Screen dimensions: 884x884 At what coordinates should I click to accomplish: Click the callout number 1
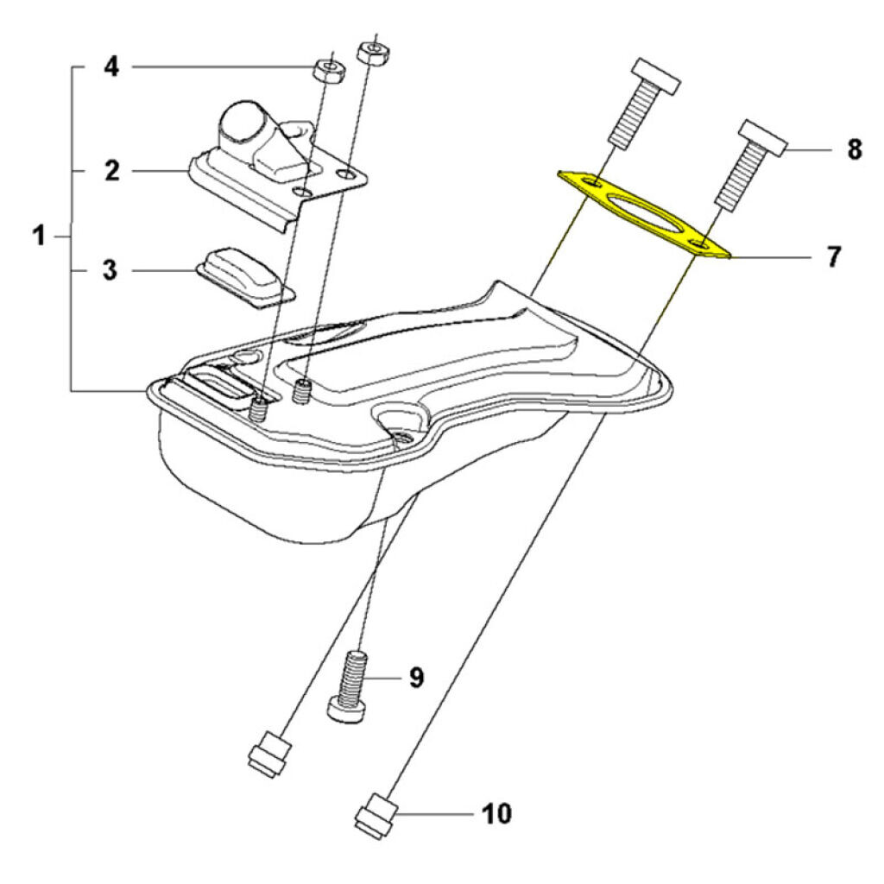(x=39, y=235)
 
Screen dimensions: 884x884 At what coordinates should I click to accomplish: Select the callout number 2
(x=111, y=170)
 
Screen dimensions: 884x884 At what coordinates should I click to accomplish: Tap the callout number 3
(x=110, y=269)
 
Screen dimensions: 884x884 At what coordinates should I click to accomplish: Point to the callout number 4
(x=111, y=66)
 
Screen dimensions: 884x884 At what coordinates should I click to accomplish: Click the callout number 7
(x=832, y=257)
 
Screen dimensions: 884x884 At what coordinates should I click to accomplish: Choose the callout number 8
(x=853, y=150)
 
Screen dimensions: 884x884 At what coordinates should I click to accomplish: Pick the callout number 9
(x=415, y=678)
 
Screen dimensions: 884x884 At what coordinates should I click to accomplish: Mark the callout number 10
(x=496, y=813)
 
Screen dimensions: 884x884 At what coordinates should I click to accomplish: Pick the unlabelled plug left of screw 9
(x=267, y=754)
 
